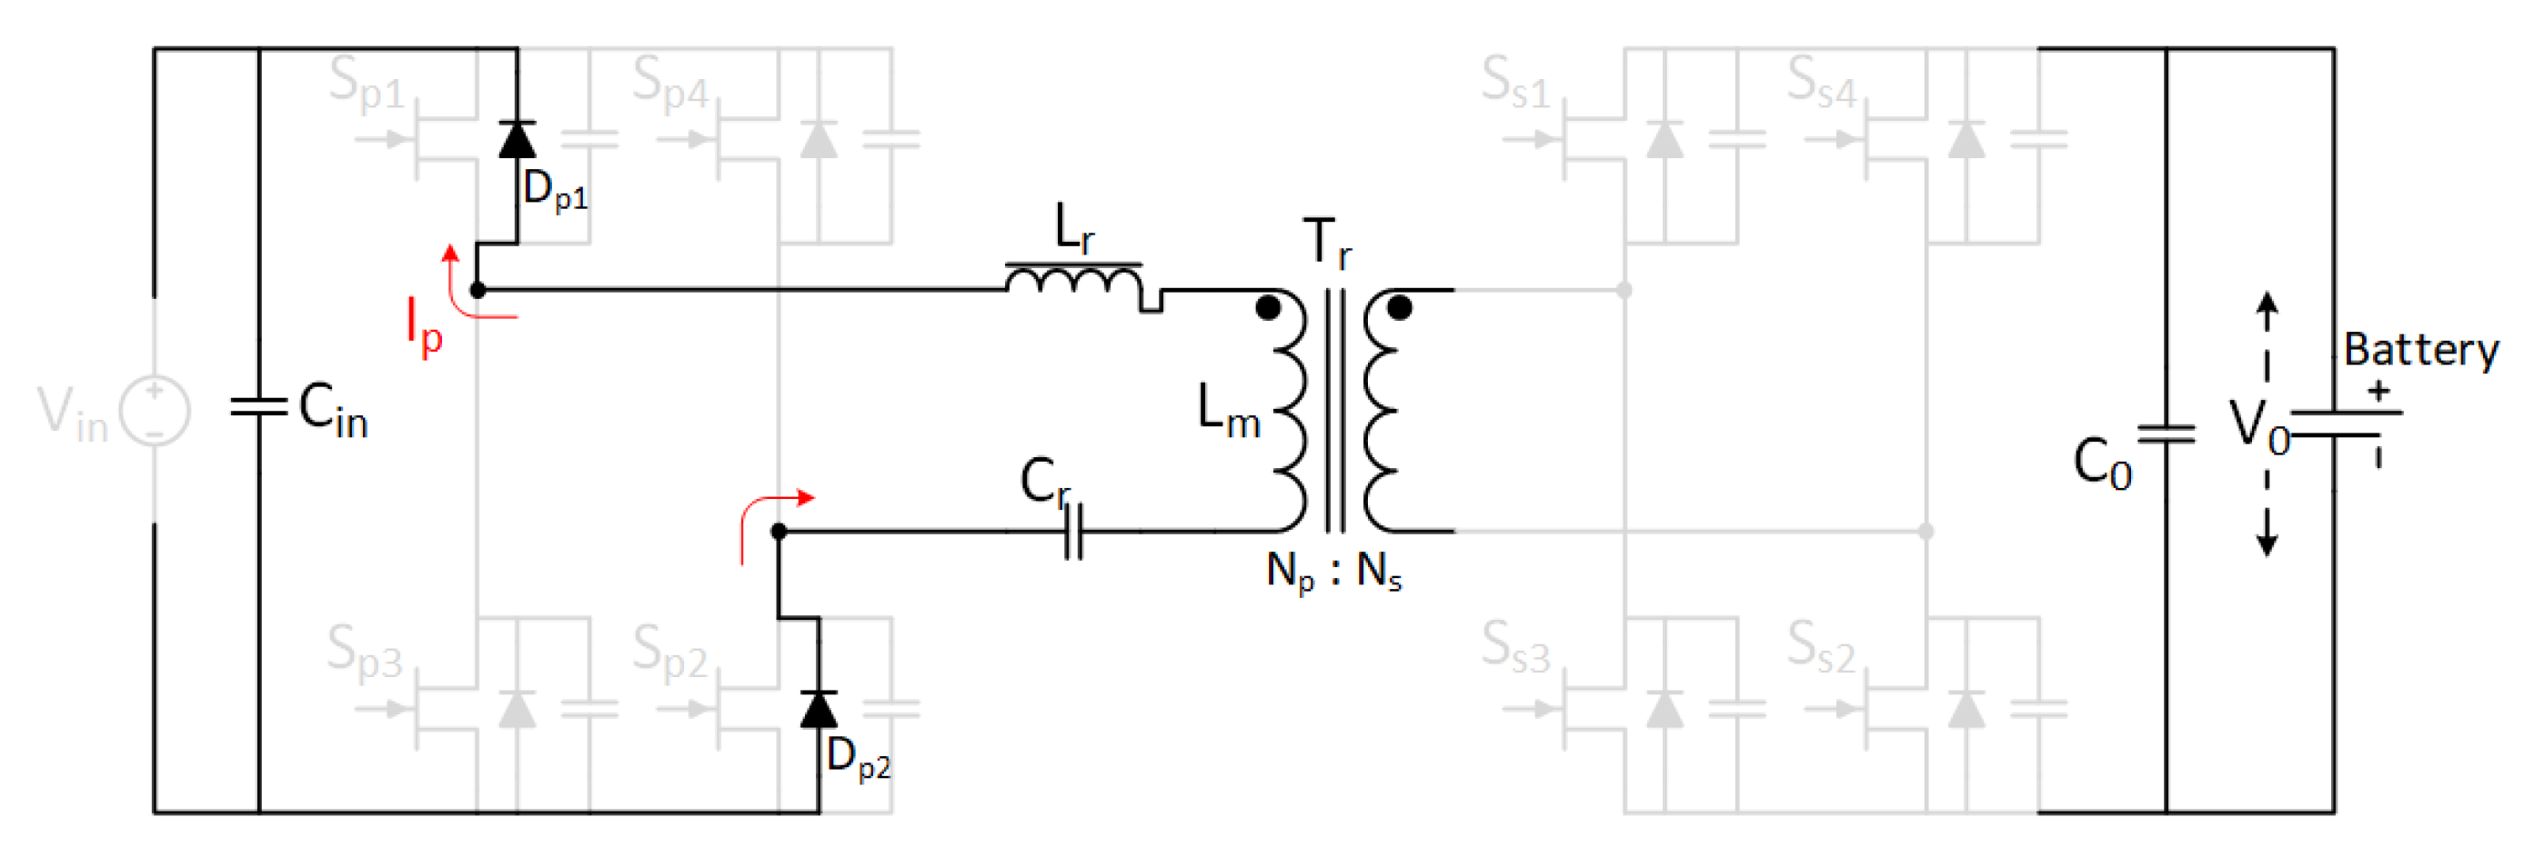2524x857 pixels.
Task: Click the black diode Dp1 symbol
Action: [x=518, y=139]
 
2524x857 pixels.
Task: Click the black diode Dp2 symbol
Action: [x=819, y=709]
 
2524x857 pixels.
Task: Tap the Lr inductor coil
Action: [x=1075, y=281]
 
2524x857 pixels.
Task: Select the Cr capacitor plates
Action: [x=1074, y=532]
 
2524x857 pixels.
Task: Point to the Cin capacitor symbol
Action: [x=258, y=406]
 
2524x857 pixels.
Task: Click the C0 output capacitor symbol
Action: [x=2166, y=433]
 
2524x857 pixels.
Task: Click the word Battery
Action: [x=2420, y=350]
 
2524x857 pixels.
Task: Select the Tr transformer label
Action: [x=1328, y=243]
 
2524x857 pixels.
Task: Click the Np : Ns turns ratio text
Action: [x=1333, y=570]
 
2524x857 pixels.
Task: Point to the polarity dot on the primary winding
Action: [x=1268, y=308]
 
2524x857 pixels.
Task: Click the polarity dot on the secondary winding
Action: [x=1400, y=308]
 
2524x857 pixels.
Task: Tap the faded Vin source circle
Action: [x=155, y=411]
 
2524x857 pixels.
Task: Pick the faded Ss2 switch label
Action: [x=1821, y=647]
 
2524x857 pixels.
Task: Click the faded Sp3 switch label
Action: [x=365, y=652]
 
